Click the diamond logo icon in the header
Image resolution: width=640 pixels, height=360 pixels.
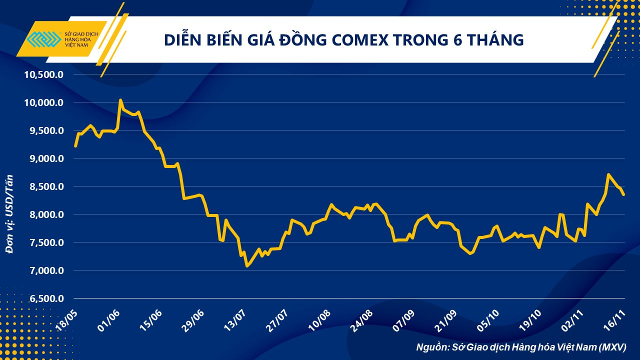[43, 39]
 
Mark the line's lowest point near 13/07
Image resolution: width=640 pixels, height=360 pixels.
[247, 266]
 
